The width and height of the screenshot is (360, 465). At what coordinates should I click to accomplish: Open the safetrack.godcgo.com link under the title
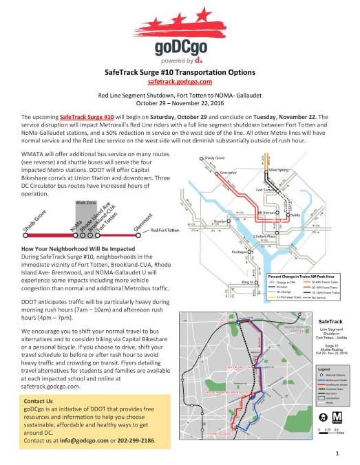click(x=180, y=81)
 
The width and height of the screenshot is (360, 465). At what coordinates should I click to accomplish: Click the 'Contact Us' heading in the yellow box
click(x=38, y=401)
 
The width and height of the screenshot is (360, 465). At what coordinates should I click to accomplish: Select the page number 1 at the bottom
click(x=338, y=454)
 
